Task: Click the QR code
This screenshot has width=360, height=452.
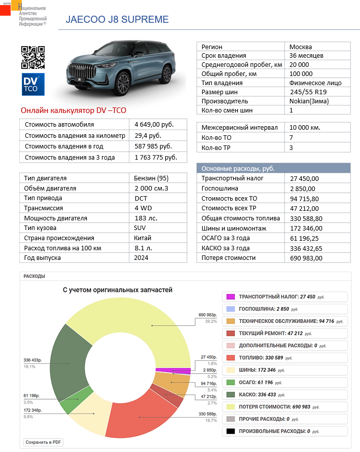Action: click(x=32, y=57)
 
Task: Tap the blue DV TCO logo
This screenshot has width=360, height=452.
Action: click(x=32, y=85)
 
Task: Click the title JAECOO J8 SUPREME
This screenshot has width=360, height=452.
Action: click(x=117, y=20)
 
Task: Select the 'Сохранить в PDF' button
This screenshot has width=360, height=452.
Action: click(x=44, y=442)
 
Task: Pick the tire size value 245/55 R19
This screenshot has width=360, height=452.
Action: click(x=309, y=92)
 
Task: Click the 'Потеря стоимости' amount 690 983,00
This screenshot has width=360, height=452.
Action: click(x=306, y=258)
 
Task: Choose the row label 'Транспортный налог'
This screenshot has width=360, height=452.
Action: click(x=229, y=178)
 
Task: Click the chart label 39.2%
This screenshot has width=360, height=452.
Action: click(x=211, y=321)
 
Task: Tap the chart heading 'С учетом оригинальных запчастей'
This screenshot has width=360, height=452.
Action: click(x=117, y=290)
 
